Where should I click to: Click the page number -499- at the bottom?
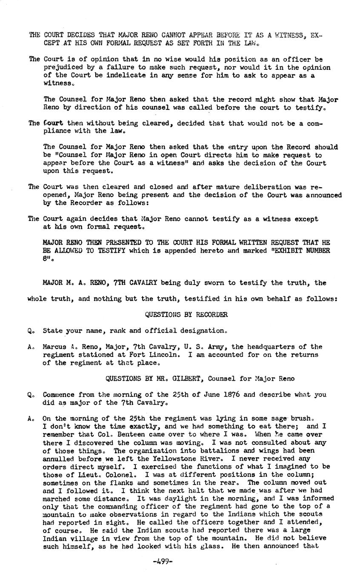click(x=162, y=561)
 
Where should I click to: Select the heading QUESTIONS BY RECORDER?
click(x=186, y=315)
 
